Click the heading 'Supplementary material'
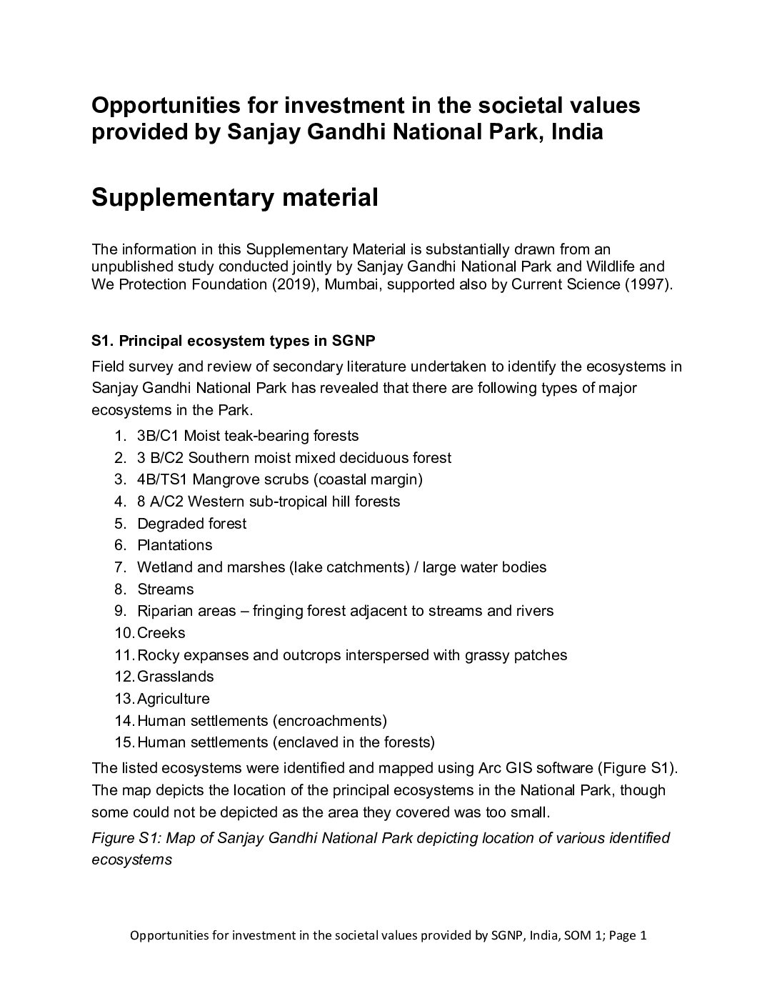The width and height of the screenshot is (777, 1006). [x=234, y=197]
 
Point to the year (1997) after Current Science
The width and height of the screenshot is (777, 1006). [x=647, y=284]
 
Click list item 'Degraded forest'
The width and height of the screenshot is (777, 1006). [x=191, y=523]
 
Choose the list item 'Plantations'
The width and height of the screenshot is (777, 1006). [x=174, y=545]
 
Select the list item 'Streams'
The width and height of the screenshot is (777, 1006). [x=165, y=589]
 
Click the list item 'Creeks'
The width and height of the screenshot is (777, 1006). [x=161, y=633]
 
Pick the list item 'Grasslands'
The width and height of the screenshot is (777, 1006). [x=175, y=677]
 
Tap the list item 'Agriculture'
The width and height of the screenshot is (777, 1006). [x=173, y=699]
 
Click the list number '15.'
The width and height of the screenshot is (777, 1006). [x=124, y=742]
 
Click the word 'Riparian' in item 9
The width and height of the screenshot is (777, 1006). [x=164, y=611]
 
